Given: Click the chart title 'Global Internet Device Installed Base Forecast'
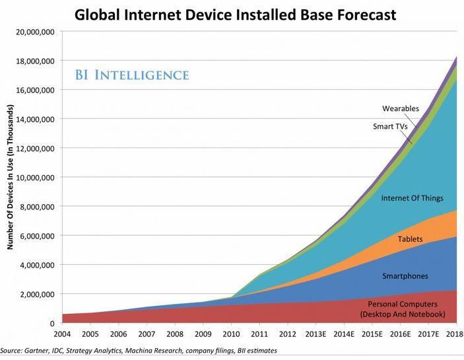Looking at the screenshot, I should click(x=235, y=14).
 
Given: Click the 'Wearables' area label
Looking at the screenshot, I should click(x=400, y=108).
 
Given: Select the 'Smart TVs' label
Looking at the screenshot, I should click(x=391, y=126).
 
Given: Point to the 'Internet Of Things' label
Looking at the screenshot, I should click(x=412, y=198).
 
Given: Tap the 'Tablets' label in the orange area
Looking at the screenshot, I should click(x=410, y=239).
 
